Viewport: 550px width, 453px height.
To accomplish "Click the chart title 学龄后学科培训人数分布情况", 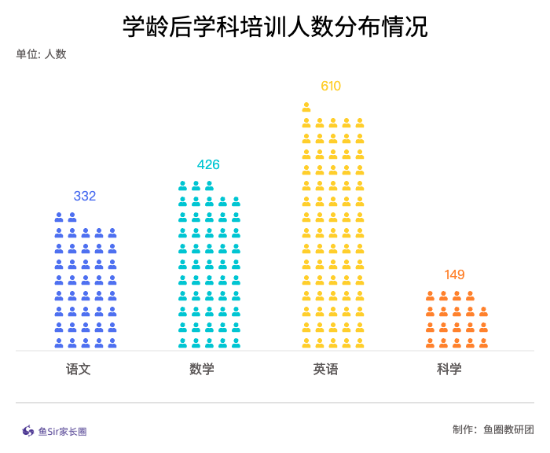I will tap(275, 27).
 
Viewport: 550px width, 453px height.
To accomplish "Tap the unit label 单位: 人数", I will tap(41, 54).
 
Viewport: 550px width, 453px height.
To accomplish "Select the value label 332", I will tap(85, 196).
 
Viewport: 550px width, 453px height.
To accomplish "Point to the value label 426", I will tap(208, 164).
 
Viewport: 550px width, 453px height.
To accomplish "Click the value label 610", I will tap(331, 86).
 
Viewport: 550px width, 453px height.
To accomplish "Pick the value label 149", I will tap(455, 274).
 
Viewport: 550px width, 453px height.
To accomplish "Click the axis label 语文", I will tap(79, 369).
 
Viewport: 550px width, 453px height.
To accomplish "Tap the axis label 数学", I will tap(202, 369).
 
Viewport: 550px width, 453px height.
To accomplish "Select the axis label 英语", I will tap(325, 369).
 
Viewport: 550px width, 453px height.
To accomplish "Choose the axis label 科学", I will tap(449, 369).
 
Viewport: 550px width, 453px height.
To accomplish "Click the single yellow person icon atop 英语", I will tap(306, 107).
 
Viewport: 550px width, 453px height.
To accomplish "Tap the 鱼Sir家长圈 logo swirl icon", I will tap(28, 431).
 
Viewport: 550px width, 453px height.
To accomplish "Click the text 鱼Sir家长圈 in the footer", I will tap(62, 431).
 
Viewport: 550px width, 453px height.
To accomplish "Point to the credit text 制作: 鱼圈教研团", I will tap(493, 429).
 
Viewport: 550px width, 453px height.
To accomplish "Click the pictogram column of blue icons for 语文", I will tap(85, 280).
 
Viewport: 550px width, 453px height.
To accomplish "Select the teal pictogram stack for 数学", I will tap(208, 264).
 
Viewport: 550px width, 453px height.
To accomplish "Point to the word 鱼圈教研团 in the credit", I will tap(508, 429).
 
